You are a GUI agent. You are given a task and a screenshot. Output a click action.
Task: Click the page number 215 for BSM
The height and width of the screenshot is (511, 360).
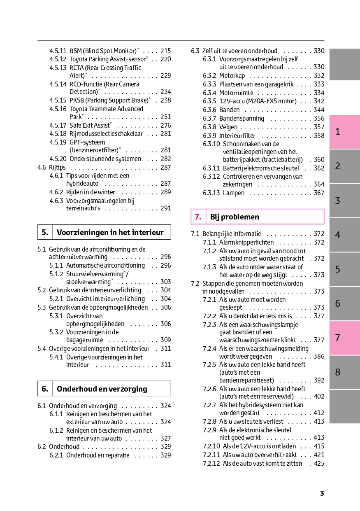click(x=165, y=51)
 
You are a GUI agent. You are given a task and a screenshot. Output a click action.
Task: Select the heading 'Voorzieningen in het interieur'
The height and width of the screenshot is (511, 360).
click(x=110, y=232)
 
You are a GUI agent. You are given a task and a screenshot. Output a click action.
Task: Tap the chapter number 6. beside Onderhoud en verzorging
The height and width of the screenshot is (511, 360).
click(x=45, y=389)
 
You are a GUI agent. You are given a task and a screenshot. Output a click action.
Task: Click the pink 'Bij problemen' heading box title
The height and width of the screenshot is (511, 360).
click(x=235, y=217)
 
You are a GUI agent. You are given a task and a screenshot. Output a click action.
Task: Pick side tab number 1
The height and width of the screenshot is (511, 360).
click(x=338, y=132)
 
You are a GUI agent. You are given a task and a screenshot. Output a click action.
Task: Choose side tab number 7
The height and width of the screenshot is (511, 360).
click(x=338, y=338)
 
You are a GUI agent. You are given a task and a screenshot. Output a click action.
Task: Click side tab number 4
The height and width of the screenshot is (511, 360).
click(x=338, y=235)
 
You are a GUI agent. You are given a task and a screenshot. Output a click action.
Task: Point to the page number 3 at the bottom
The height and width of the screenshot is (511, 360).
click(x=322, y=493)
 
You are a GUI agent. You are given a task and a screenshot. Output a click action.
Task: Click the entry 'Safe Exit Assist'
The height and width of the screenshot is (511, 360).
click(x=90, y=126)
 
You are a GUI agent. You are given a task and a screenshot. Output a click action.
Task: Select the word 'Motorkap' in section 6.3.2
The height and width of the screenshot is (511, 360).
click(x=232, y=76)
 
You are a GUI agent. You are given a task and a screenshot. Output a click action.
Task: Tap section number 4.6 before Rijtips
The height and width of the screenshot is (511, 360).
click(x=42, y=168)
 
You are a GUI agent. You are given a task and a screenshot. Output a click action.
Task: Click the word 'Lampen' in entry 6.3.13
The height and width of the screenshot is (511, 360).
click(x=234, y=193)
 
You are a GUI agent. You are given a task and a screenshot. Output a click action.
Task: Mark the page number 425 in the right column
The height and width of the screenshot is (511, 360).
click(x=319, y=464)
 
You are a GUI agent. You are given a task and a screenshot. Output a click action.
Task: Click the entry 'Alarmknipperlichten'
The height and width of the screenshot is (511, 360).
click(x=246, y=243)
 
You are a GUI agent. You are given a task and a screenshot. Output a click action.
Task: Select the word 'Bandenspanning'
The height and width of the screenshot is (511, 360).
click(x=242, y=119)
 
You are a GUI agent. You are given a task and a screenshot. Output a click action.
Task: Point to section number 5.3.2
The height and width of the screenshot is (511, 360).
click(x=56, y=332)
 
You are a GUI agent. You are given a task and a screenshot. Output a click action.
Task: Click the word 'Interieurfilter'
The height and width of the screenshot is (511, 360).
click(x=237, y=136)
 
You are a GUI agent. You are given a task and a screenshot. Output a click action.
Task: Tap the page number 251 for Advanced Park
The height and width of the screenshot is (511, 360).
click(x=165, y=117)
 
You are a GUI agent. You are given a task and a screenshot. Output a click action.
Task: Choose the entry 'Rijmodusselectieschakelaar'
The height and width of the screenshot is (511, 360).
click(x=106, y=134)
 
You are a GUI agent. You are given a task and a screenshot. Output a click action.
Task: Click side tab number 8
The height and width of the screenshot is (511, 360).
click(x=338, y=372)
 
